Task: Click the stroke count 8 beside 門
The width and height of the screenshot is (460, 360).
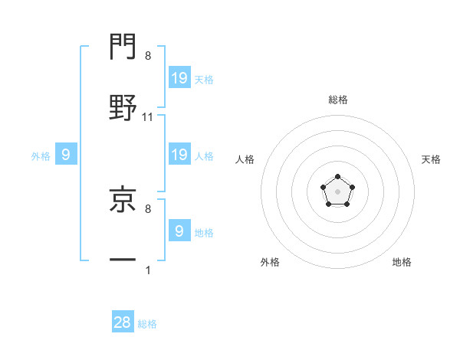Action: (147, 56)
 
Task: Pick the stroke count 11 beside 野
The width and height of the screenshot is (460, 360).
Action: (148, 116)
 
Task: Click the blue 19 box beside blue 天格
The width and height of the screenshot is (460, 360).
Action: (179, 77)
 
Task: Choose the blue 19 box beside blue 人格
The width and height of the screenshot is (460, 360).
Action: (179, 155)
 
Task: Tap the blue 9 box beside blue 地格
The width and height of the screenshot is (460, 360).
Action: (179, 231)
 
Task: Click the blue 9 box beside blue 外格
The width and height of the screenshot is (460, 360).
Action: (66, 155)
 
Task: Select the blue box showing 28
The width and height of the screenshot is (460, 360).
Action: (123, 322)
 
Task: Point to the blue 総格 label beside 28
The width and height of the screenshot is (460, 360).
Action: (148, 324)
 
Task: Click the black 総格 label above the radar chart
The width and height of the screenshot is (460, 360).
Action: (337, 100)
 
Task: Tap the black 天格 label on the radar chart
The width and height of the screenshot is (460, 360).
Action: (432, 159)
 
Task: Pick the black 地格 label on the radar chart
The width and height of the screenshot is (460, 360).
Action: (402, 262)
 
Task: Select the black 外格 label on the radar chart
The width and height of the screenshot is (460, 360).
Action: (270, 262)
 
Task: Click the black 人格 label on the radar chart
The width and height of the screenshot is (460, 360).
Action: (245, 159)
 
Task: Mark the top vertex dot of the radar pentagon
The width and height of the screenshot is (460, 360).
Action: (337, 177)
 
